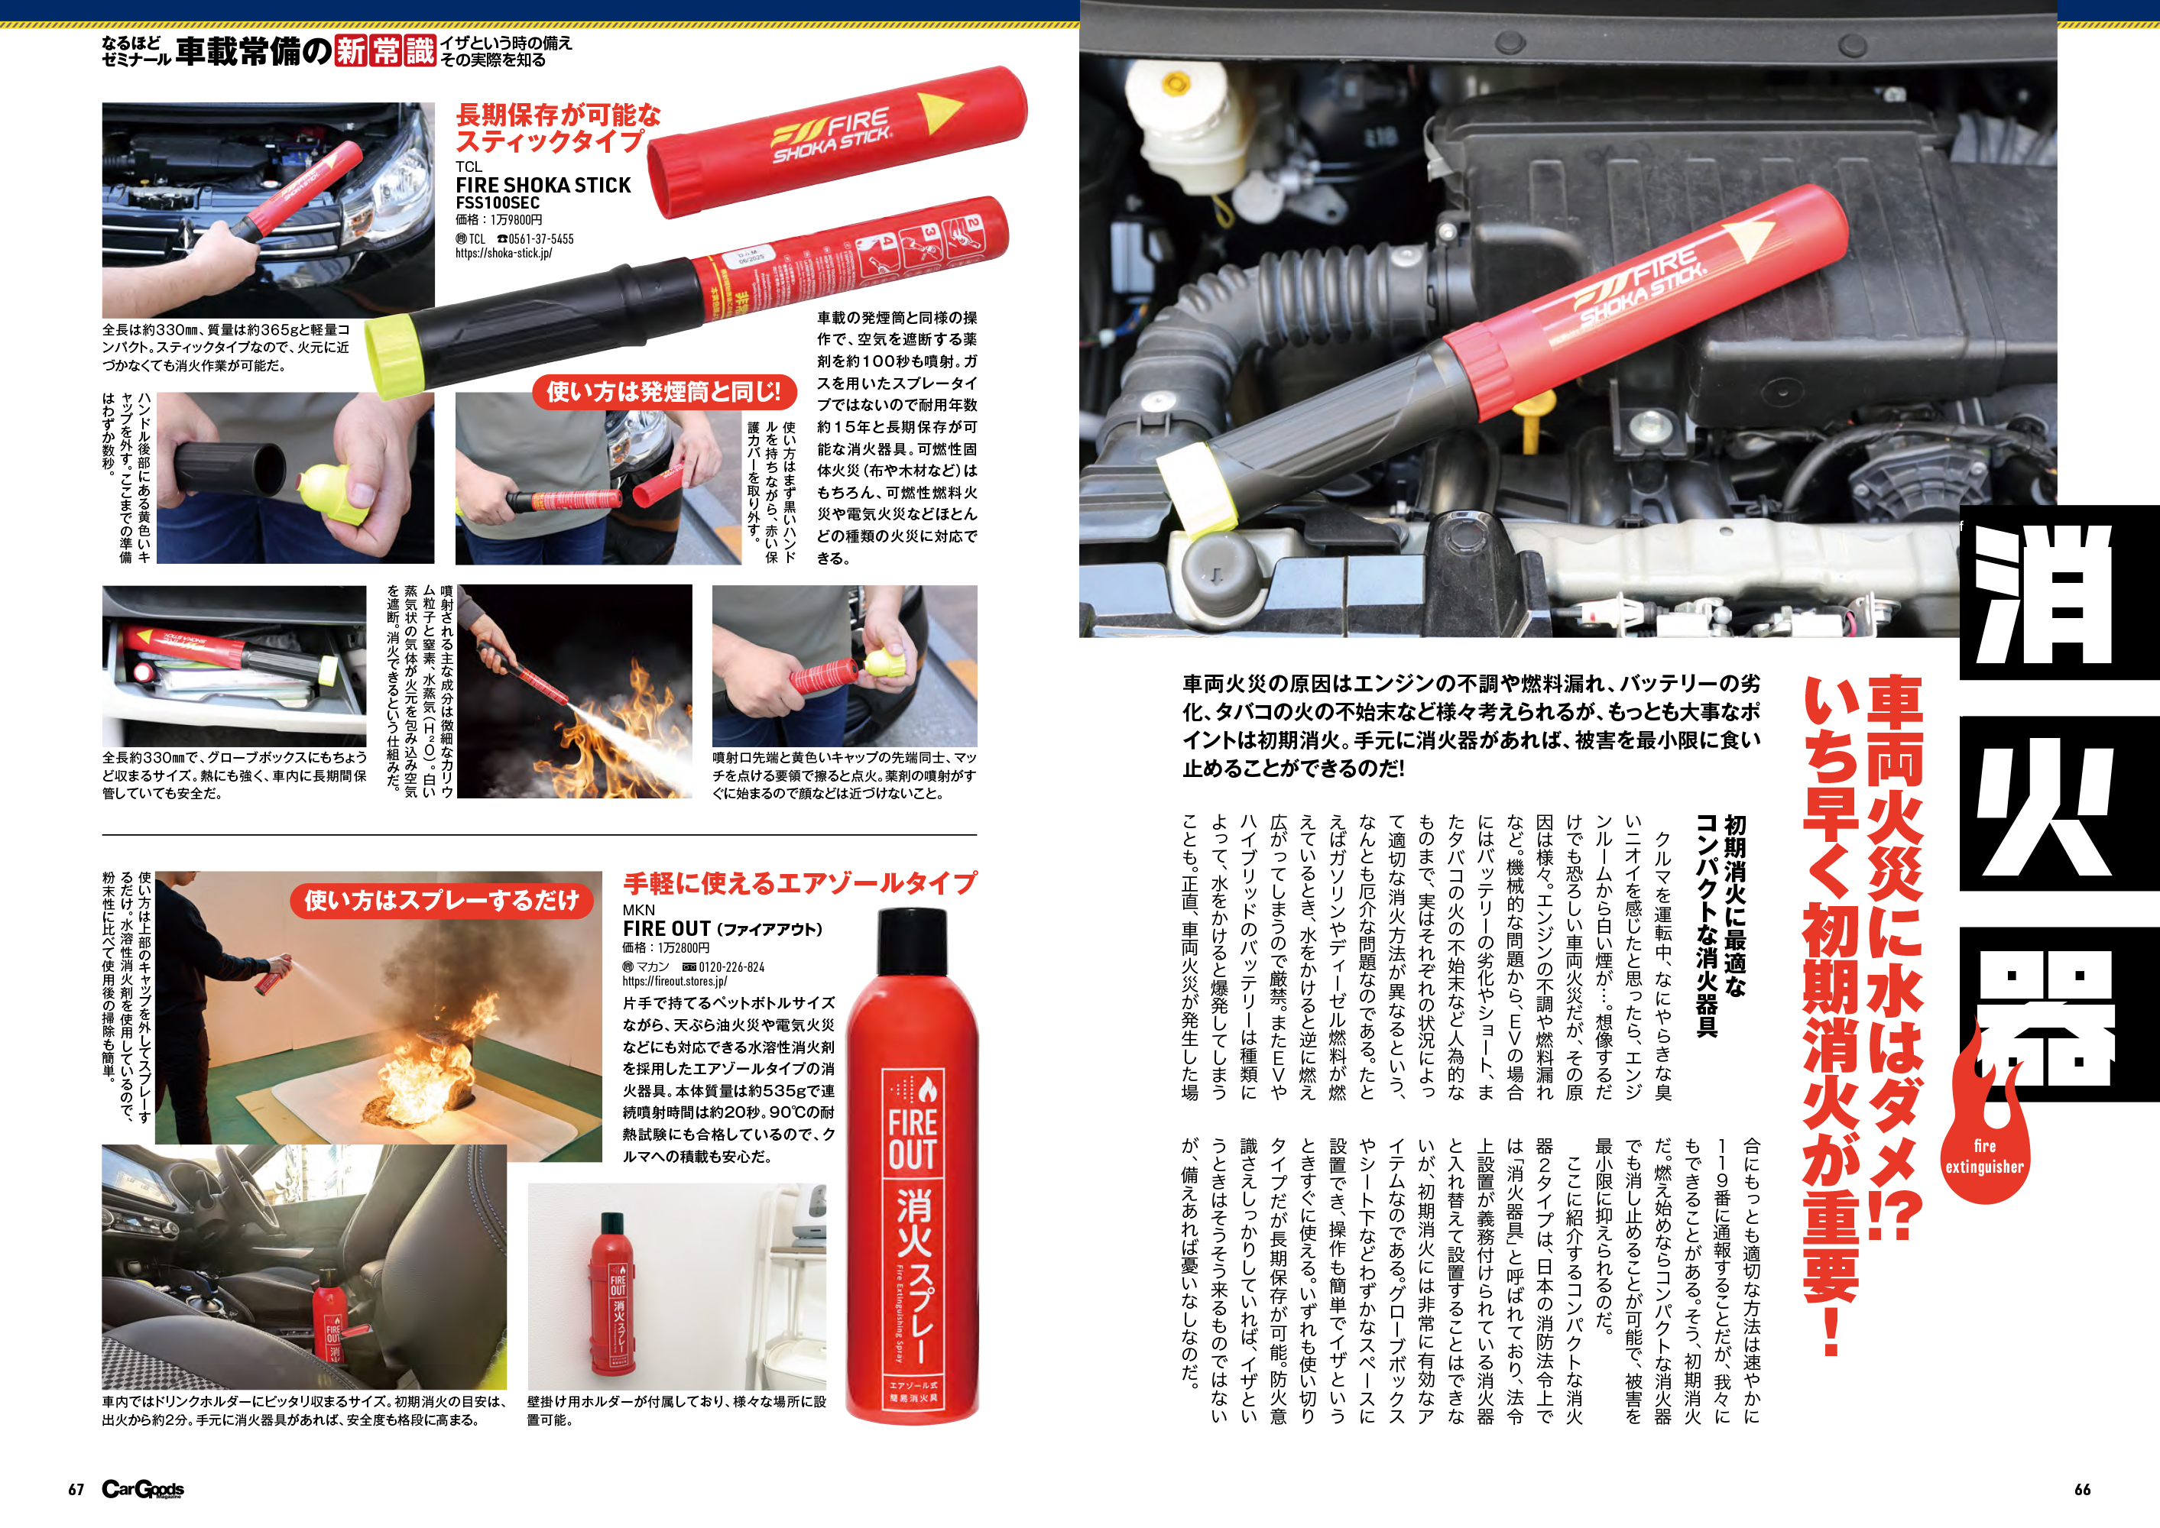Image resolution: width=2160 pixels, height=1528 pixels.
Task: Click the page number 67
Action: pyautogui.click(x=76, y=1490)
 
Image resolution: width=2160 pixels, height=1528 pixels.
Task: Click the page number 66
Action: pyautogui.click(x=2083, y=1490)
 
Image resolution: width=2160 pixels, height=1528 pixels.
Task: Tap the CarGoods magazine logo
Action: pyautogui.click(x=143, y=1490)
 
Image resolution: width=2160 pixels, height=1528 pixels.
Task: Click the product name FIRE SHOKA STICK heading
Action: pyautogui.click(x=543, y=186)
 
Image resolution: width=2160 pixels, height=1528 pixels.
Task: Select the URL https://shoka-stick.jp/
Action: pyautogui.click(x=504, y=253)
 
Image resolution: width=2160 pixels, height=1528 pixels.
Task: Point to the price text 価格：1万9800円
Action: pyautogui.click(x=499, y=220)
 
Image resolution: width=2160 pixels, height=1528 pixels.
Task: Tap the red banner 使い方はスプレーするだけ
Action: pyautogui.click(x=442, y=901)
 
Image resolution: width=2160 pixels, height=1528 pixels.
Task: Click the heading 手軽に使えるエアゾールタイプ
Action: pyautogui.click(x=800, y=883)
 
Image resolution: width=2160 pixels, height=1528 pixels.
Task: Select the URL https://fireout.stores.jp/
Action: pyautogui.click(x=675, y=981)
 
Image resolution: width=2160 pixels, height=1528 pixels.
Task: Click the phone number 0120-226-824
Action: pyautogui.click(x=731, y=966)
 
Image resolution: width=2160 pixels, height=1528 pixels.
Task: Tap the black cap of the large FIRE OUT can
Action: pyautogui.click(x=912, y=941)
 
